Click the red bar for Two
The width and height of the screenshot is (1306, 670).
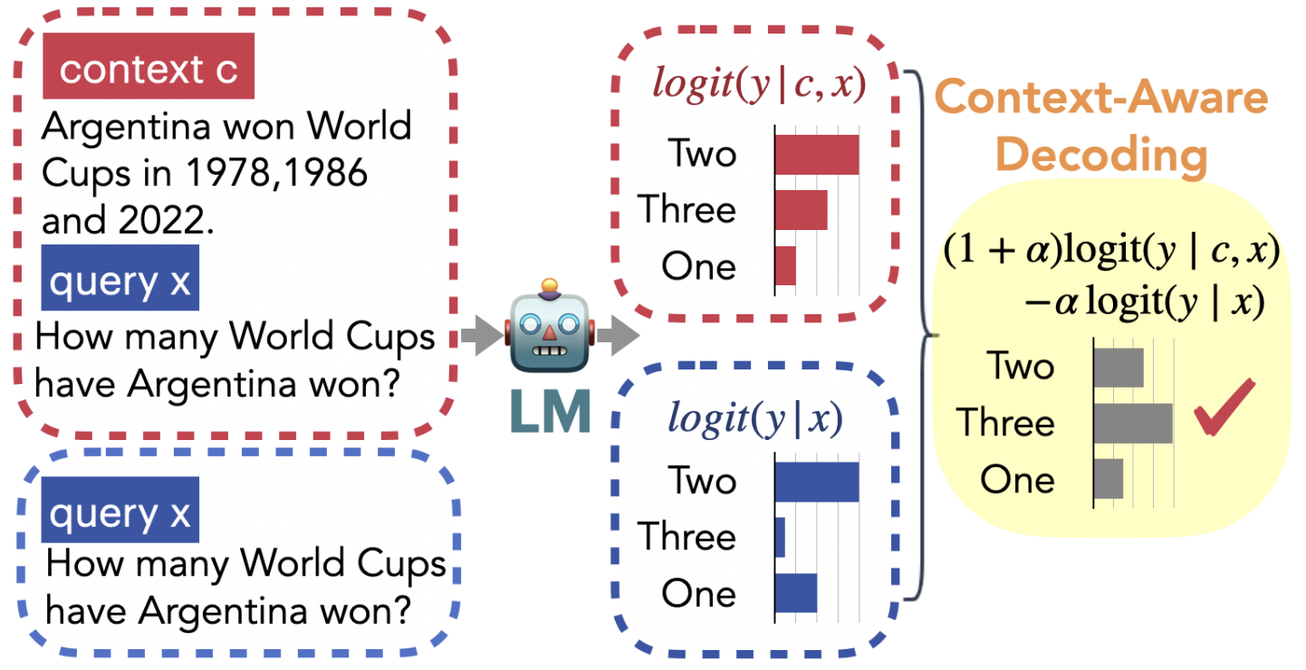816,155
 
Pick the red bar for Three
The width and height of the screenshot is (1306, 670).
801,210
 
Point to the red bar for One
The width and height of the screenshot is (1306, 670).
785,266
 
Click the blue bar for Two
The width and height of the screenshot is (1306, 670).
816,482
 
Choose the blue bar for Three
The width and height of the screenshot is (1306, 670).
780,538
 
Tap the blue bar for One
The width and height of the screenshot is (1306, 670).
796,593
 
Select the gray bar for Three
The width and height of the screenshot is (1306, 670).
1133,424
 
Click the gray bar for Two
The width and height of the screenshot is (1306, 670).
1119,368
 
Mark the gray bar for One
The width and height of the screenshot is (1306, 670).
1109,479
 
